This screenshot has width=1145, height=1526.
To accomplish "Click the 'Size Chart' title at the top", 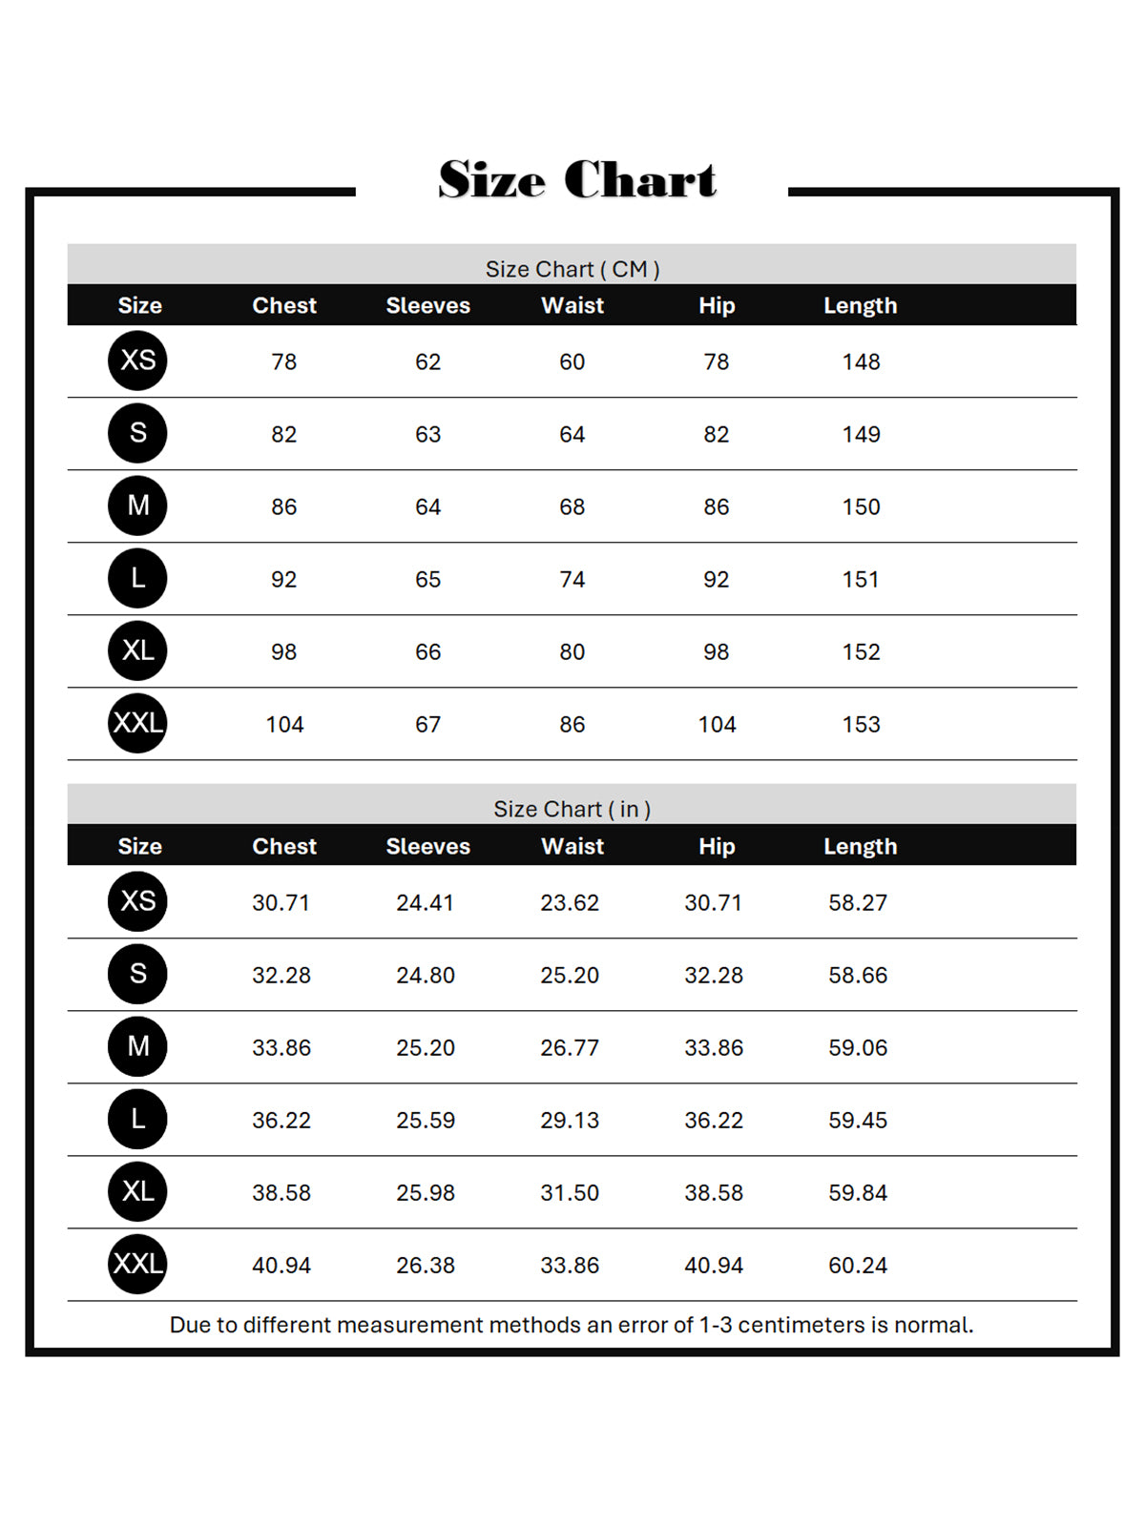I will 577,179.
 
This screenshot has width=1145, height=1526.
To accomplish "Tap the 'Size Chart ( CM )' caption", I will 572,269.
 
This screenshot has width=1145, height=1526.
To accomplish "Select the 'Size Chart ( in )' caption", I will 572,809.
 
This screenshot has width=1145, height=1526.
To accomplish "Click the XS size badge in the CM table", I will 137,361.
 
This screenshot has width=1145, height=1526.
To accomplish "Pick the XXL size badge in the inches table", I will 137,1264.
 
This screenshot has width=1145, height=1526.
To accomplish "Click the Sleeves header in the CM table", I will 427,305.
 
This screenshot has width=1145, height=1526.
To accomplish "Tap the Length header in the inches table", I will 860,846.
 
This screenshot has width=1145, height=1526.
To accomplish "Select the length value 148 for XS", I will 861,361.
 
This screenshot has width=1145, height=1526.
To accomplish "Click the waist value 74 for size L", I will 572,579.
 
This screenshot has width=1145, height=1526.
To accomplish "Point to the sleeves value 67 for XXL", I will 427,724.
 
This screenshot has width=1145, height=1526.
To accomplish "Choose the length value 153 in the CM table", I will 861,724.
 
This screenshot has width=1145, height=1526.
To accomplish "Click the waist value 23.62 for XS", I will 570,902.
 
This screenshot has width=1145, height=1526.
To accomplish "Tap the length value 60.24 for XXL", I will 858,1265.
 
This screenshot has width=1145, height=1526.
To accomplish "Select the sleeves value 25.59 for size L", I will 426,1120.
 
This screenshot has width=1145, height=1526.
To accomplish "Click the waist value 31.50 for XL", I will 570,1192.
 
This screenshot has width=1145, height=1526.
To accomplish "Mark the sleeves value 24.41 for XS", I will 426,902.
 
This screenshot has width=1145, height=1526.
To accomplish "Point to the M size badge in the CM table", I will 137,505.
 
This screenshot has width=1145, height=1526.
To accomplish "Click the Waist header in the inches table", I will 572,846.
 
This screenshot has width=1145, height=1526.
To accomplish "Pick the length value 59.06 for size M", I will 858,1047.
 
